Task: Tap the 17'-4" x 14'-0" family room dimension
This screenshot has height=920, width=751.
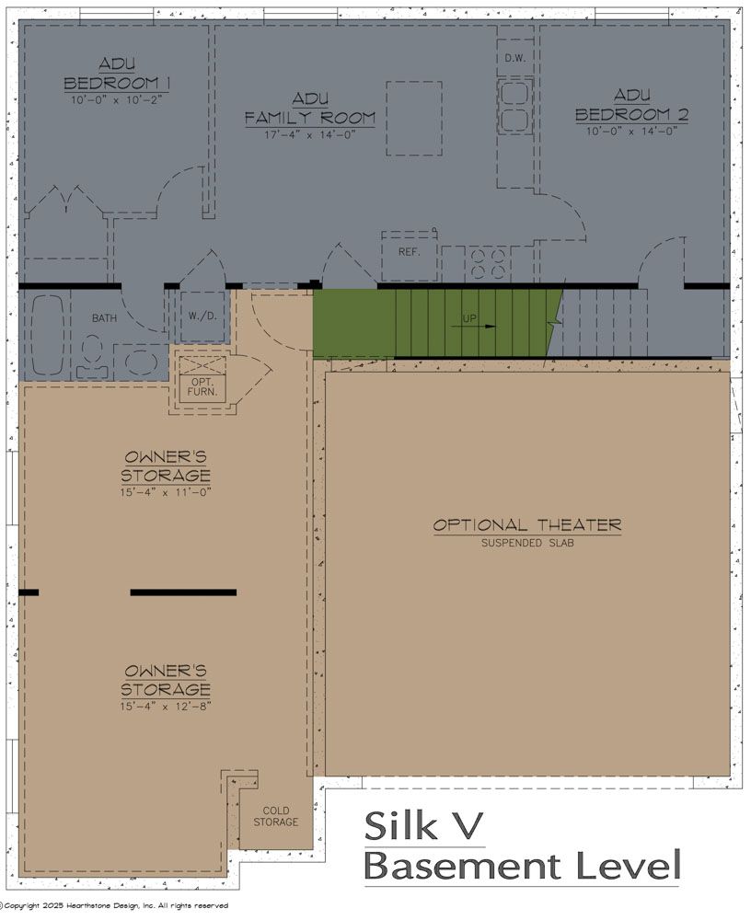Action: pyautogui.click(x=309, y=135)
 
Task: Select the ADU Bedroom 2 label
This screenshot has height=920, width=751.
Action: pyautogui.click(x=631, y=106)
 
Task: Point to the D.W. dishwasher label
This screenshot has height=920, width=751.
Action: pyautogui.click(x=514, y=59)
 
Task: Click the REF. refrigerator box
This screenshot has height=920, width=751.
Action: pyautogui.click(x=410, y=251)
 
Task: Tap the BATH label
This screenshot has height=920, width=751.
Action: pyautogui.click(x=104, y=318)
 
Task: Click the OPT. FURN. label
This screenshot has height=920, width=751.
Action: pyautogui.click(x=202, y=386)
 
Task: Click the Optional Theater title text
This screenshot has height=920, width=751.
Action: pyautogui.click(x=527, y=525)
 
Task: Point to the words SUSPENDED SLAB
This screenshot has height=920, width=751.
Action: pyautogui.click(x=527, y=544)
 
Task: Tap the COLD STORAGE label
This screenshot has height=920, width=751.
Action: pyautogui.click(x=276, y=816)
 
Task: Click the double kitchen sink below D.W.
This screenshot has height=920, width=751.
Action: pyautogui.click(x=514, y=106)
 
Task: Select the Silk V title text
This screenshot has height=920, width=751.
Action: pyautogui.click(x=424, y=825)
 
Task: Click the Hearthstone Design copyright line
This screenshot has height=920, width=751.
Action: pyautogui.click(x=114, y=906)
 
